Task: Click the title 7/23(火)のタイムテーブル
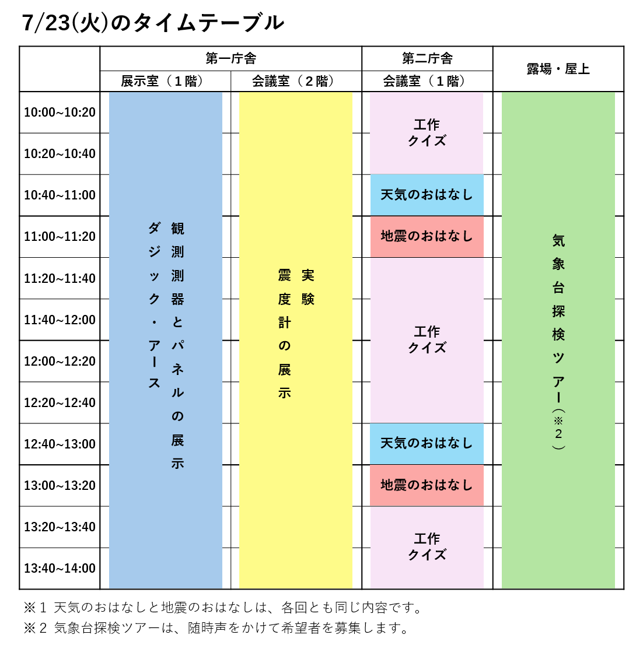click(x=153, y=23)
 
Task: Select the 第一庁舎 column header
click(x=230, y=58)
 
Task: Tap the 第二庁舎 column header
click(x=427, y=58)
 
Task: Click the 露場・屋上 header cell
click(x=558, y=69)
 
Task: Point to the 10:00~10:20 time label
click(x=60, y=113)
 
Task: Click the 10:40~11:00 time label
click(x=60, y=195)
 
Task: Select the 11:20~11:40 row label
click(x=60, y=279)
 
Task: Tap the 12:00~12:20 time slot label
click(x=60, y=361)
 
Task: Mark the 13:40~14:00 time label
click(x=60, y=568)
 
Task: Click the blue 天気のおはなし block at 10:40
click(x=427, y=195)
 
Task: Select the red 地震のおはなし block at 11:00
click(x=427, y=237)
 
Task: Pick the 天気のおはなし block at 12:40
click(x=427, y=443)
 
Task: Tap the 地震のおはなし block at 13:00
click(x=427, y=485)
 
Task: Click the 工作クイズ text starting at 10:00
click(x=427, y=132)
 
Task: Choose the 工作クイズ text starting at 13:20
click(x=427, y=546)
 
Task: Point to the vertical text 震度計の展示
click(x=285, y=334)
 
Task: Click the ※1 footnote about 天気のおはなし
click(x=222, y=608)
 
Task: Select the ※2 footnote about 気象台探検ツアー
click(x=216, y=628)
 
